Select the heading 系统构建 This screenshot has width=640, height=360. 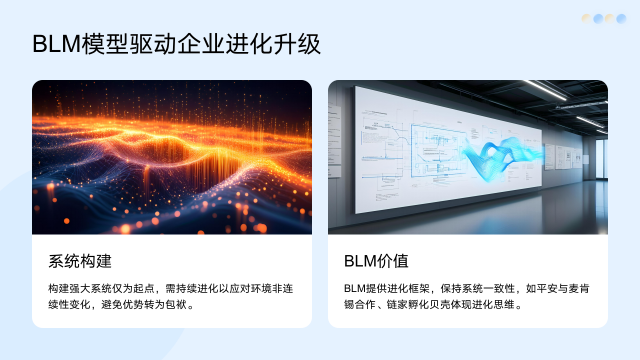pyautogui.click(x=79, y=261)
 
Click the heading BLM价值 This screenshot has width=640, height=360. pyautogui.click(x=376, y=261)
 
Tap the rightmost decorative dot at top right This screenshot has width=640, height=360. pyautogui.click(x=622, y=18)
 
